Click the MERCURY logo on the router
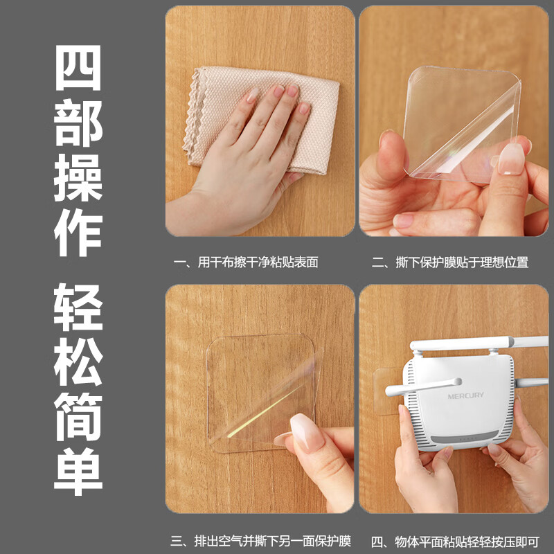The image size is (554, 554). tap(465, 395)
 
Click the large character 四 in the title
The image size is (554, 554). tap(78, 68)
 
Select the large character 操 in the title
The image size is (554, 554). tap(78, 178)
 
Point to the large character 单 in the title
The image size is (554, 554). tap(78, 472)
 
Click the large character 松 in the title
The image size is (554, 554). tap(78, 361)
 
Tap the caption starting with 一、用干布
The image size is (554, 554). tap(246, 262)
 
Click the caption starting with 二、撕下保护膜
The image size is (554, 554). tap(450, 262)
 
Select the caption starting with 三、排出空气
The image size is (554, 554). tap(261, 541)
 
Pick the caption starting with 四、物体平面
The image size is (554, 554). tap(455, 541)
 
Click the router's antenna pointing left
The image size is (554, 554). tap(423, 386)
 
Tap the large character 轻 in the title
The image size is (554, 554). tap(78, 307)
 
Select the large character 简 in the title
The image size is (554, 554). tap(78, 417)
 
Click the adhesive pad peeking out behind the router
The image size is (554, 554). tap(388, 392)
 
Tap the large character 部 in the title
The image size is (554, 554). tap(78, 123)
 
